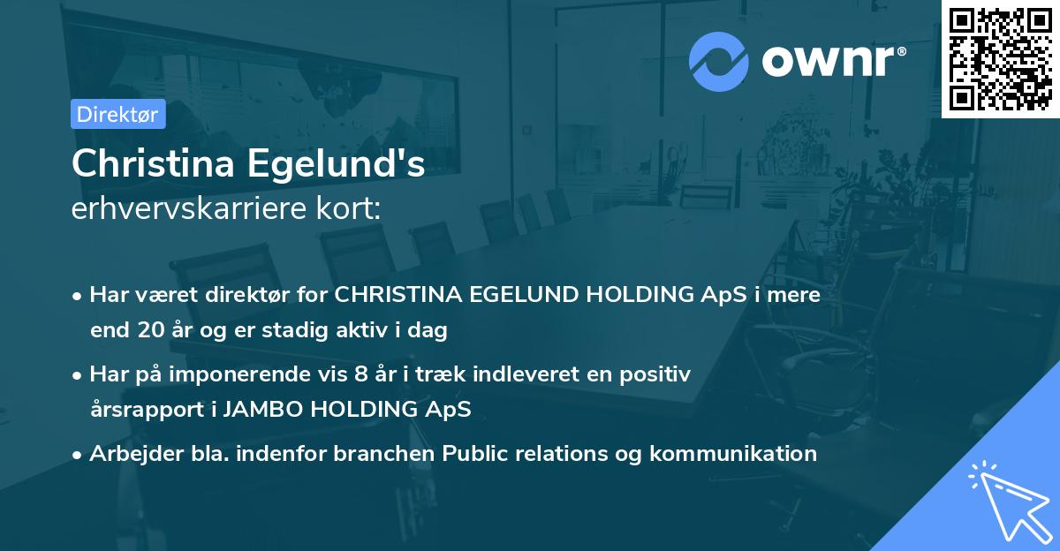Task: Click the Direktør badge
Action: [x=117, y=114]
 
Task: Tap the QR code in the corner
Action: [x=1000, y=58]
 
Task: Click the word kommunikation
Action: [x=732, y=454]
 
